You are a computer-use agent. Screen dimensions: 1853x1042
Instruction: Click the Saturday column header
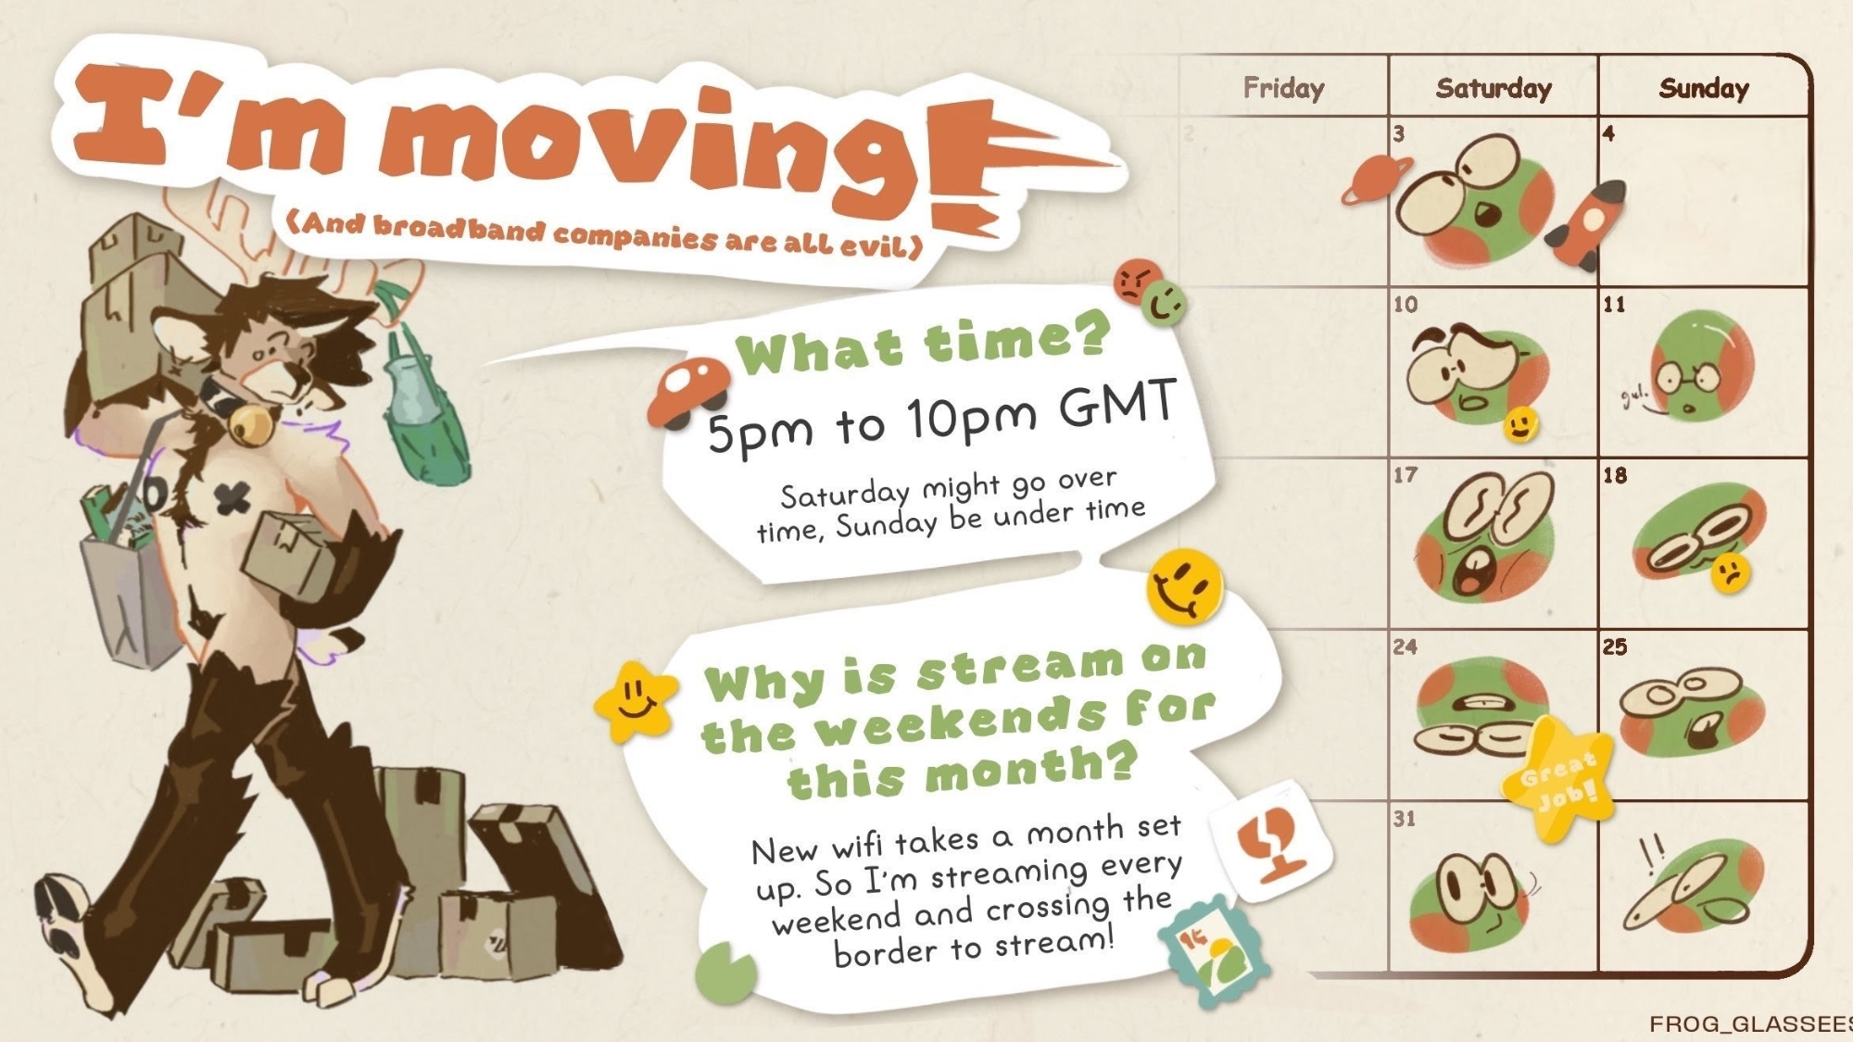1494,88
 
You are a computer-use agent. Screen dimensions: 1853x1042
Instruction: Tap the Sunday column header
1704,88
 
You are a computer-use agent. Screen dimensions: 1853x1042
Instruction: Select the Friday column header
1283,88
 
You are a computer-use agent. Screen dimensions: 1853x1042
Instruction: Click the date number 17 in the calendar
1406,475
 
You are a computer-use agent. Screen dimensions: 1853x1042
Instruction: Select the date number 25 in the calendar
1615,647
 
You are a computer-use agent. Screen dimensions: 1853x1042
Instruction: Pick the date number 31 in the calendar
1405,819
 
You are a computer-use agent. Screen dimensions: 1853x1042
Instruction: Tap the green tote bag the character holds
422,408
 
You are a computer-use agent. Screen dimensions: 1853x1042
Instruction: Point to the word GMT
1118,405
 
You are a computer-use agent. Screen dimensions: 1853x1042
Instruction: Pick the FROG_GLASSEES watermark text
1751,1023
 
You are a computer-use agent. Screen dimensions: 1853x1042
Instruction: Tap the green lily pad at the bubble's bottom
725,973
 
